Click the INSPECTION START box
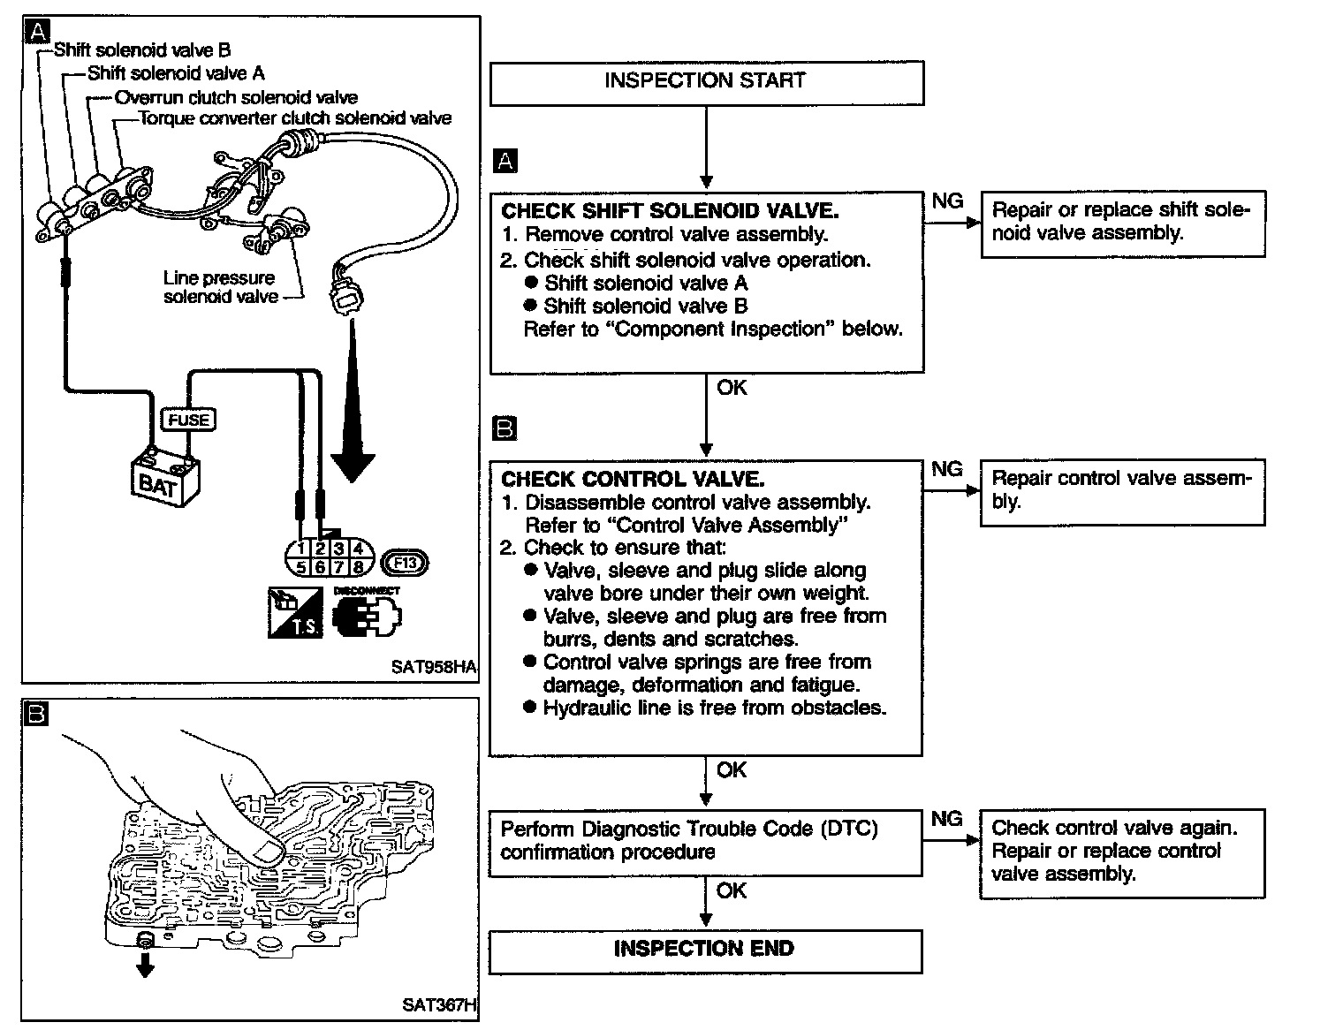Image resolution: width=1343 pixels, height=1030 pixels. pos(706,82)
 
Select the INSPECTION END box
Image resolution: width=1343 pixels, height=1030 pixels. pos(704,950)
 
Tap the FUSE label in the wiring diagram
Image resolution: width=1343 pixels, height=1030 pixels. pos(188,420)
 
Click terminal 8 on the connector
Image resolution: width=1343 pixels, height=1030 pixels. pos(358,568)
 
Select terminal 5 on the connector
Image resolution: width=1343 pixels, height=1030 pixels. pos(301,568)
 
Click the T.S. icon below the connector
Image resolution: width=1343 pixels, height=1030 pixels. pos(294,611)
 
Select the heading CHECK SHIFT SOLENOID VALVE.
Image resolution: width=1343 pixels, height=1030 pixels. pos(670,211)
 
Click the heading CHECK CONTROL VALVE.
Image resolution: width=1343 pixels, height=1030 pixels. pos(633,480)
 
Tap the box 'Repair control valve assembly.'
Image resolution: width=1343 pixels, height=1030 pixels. pos(1122,491)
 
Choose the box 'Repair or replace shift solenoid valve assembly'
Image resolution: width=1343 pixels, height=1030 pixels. pos(1122,223)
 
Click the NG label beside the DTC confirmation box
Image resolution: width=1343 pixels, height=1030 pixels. pos(946,819)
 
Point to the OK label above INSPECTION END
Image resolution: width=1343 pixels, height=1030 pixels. pos(732,890)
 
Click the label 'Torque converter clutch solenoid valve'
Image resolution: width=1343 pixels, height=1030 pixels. pos(296,118)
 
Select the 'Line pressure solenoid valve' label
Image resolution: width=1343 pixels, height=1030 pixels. pos(220,288)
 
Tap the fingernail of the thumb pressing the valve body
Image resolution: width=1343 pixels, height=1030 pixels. pos(266,851)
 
